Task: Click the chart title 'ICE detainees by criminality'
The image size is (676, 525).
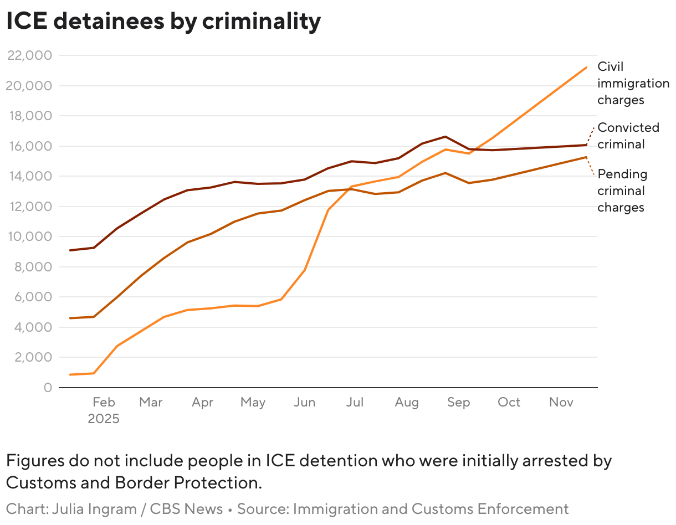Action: tap(163, 21)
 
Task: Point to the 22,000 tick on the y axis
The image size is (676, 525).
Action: tap(28, 55)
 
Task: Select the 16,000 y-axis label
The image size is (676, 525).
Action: tap(28, 146)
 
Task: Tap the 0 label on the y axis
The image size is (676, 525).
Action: tap(48, 388)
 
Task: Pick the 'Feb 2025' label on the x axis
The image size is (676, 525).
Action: tap(104, 410)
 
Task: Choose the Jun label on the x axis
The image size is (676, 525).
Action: tap(304, 403)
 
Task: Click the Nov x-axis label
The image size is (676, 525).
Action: tap(561, 403)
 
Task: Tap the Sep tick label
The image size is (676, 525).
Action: tap(458, 403)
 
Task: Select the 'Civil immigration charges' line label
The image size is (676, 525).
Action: tap(632, 83)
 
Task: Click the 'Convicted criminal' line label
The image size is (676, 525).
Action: tap(628, 136)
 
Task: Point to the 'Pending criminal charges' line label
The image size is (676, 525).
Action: tap(622, 191)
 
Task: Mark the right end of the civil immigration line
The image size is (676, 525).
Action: tap(586, 68)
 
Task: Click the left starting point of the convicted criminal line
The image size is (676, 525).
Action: tap(70, 250)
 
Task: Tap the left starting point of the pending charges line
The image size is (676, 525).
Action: tap(70, 318)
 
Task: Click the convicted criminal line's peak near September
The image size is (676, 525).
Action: tap(445, 136)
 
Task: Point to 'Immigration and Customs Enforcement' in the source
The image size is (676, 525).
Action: tap(431, 509)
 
